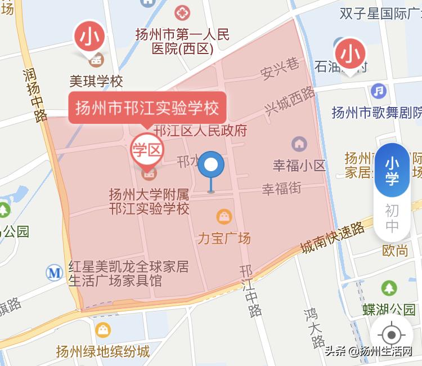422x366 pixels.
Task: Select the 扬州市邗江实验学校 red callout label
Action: point(147,107)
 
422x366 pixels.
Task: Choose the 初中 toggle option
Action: point(392,218)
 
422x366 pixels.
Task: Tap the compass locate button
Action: point(392,335)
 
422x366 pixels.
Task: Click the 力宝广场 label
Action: point(223,238)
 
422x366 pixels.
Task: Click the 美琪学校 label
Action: point(96,82)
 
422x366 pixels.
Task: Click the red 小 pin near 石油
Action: point(352,54)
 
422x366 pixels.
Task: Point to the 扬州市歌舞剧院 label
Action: point(376,112)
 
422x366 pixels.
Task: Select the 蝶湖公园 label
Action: point(388,309)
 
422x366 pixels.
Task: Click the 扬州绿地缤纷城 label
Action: point(103,352)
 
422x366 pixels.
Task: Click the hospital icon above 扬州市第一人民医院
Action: point(182,12)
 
